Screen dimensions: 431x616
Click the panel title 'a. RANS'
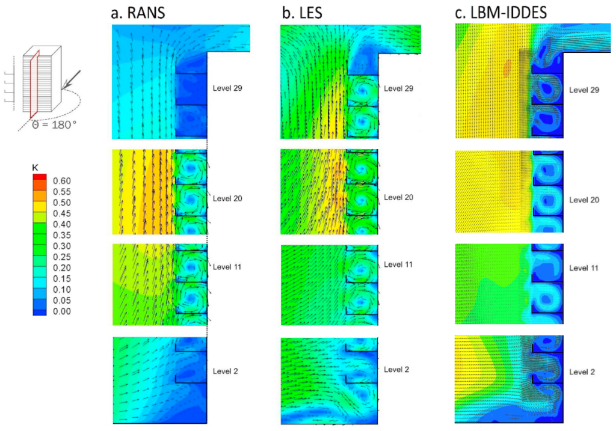click(138, 13)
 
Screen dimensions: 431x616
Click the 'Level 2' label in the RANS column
click(226, 371)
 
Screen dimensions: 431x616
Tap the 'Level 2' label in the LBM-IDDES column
click(582, 372)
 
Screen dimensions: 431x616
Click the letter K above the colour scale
click(34, 168)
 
